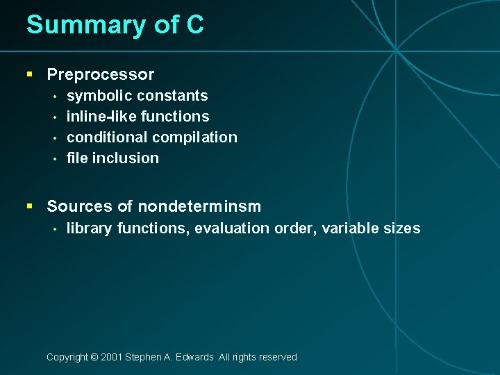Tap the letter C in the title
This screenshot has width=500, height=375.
pos(195,25)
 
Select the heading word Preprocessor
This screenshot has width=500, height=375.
pos(101,74)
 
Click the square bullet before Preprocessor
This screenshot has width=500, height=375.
pos(29,74)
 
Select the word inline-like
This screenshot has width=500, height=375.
pos(97,117)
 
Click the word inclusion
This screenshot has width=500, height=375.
pos(126,158)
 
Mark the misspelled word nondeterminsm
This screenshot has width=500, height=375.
pos(199,206)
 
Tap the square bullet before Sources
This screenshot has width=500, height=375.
pos(29,206)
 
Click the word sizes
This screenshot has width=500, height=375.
pos(402,228)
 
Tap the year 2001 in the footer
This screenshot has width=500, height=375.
pos(111,358)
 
